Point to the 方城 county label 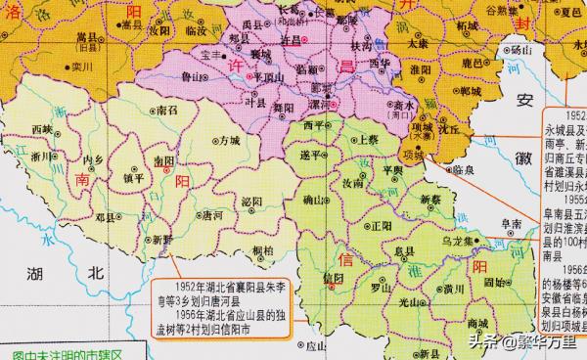click(229, 142)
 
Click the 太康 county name click(418, 44)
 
